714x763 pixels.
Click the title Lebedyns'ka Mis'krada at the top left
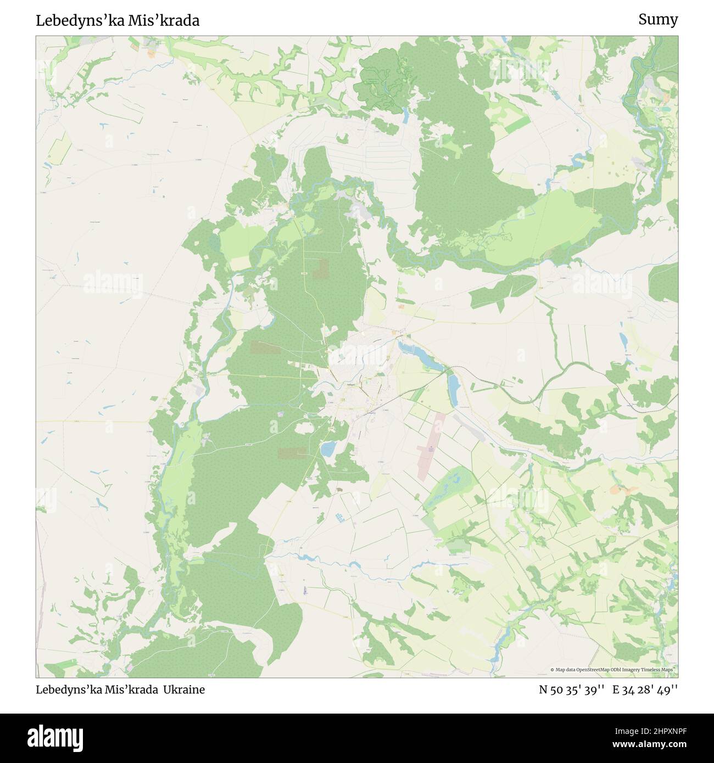118,20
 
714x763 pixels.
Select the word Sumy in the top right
657,20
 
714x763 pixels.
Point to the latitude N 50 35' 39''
572,689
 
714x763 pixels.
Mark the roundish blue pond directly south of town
328,450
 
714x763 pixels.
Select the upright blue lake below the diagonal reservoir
453,388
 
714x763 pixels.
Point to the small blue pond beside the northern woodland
405,115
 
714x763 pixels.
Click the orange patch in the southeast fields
622,488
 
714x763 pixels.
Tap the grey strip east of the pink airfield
478,433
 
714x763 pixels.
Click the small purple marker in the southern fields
305,591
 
